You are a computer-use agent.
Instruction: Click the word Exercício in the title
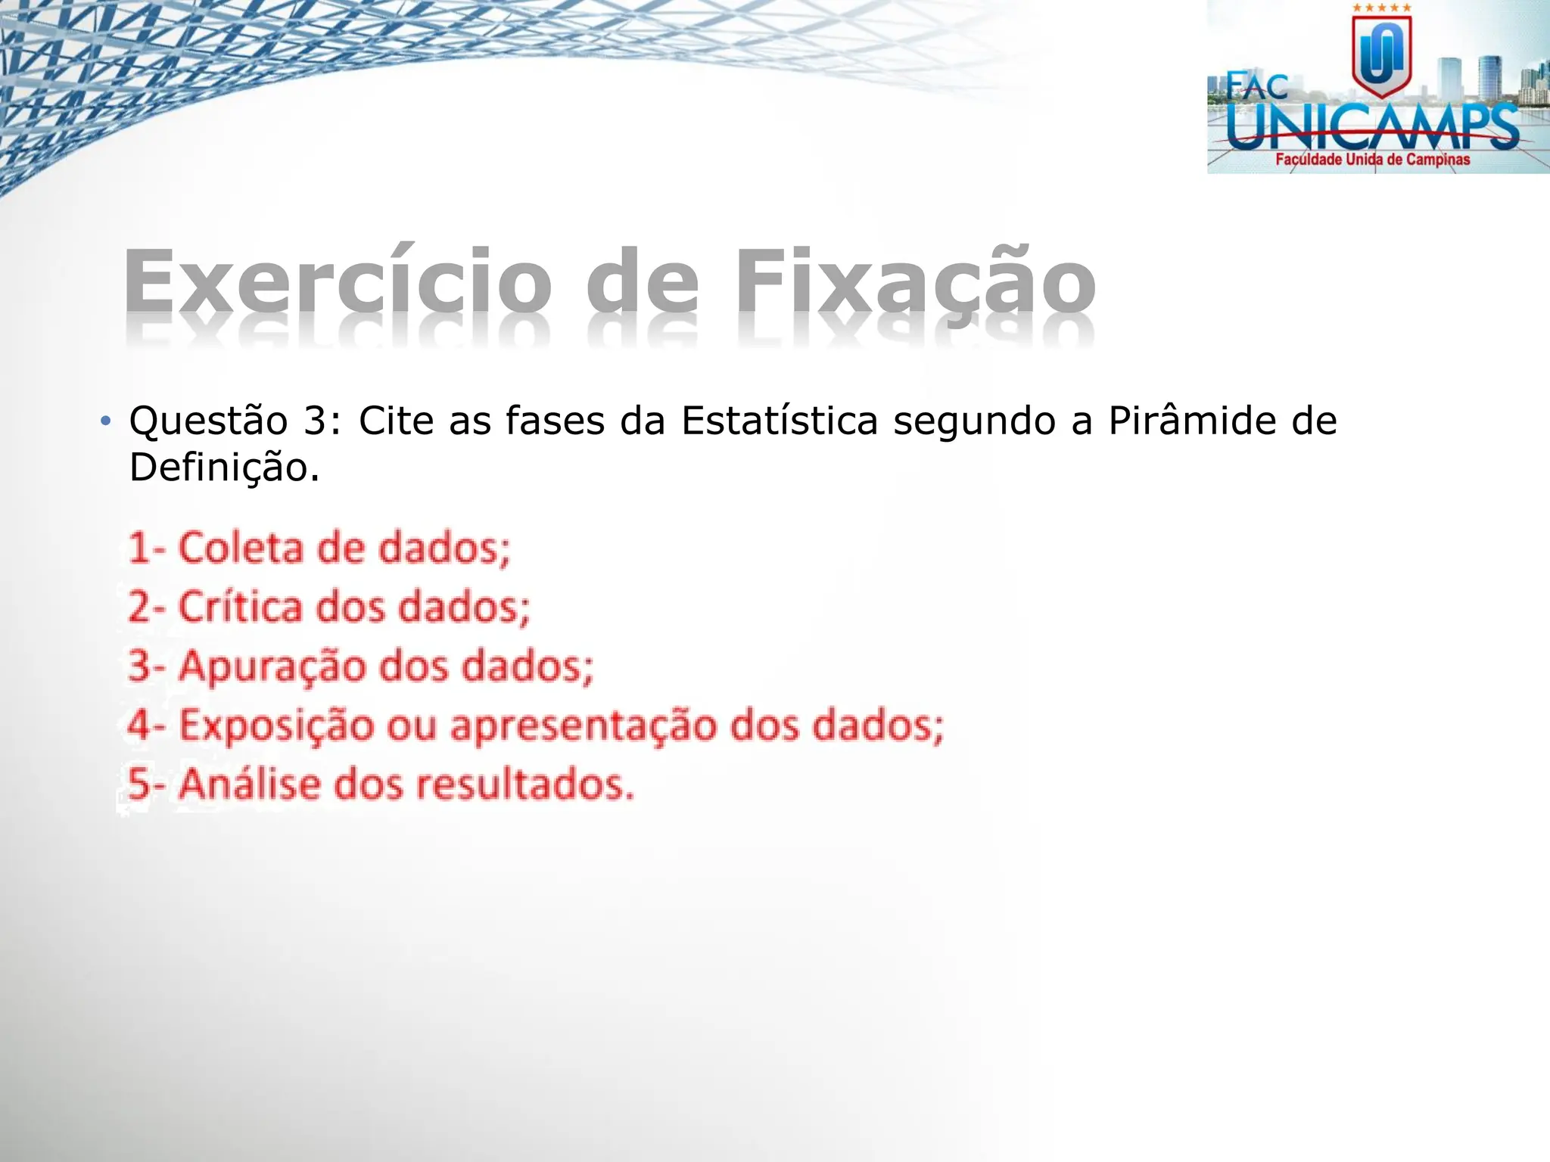pos(338,281)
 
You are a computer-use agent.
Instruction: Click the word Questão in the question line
pos(208,421)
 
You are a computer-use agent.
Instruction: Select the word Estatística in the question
pos(779,421)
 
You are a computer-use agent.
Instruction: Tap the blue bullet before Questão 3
pos(106,421)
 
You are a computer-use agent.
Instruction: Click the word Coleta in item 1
pos(239,548)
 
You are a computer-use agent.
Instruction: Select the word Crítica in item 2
pos(239,607)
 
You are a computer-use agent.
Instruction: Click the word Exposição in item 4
pos(276,725)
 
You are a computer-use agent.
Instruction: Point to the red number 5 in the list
pos(139,784)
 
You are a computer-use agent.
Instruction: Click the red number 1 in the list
pos(138,548)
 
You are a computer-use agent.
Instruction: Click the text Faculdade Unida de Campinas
pos(1372,160)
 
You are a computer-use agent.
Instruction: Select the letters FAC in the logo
pos(1257,86)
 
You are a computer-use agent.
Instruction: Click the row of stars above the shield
pos(1382,8)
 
